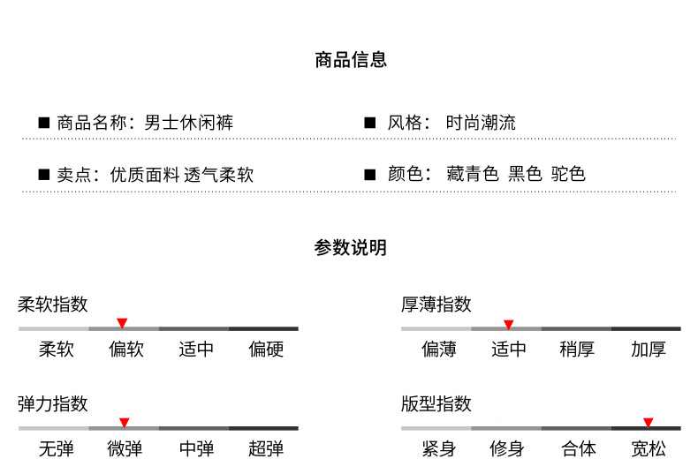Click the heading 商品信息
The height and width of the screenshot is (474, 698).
pos(350,61)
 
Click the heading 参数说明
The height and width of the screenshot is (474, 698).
pos(350,248)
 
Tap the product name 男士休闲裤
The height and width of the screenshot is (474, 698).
pos(188,123)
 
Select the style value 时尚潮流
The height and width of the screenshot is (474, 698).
pos(481,123)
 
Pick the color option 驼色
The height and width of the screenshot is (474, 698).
pos(568,174)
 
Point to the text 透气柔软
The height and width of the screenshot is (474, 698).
pos(219,175)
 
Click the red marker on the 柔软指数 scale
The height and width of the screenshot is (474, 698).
pos(122,323)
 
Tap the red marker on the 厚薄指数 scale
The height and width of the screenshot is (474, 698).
pos(508,325)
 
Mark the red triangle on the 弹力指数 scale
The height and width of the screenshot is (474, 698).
pos(124,423)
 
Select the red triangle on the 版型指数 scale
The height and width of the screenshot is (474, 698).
pos(648,423)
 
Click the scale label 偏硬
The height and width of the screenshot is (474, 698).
pos(266,350)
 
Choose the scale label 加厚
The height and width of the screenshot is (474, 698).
pos(648,350)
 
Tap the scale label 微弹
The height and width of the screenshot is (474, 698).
pos(125,449)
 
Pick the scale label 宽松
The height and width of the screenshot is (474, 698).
pos(648,449)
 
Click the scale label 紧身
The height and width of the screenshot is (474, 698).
pos(438,449)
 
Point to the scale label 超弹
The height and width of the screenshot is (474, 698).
pos(266,449)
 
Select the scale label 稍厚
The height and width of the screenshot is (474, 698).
pos(577,350)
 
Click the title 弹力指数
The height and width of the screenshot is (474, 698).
pos(53,404)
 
